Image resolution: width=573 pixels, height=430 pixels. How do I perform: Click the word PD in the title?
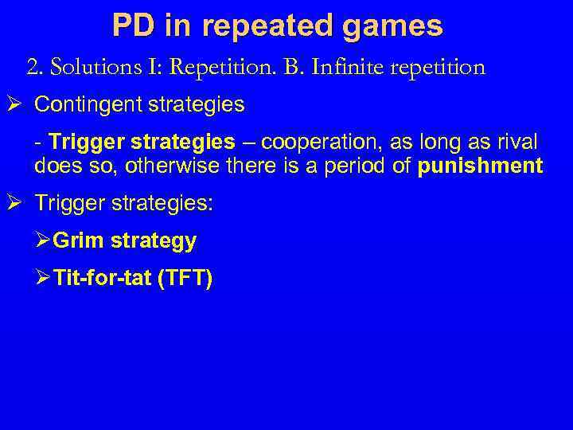[x=129, y=26]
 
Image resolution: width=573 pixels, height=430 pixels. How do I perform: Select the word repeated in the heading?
[x=262, y=26]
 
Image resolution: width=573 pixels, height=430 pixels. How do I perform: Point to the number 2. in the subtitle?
[x=35, y=67]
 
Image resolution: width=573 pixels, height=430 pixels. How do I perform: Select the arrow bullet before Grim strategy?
[x=44, y=240]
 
